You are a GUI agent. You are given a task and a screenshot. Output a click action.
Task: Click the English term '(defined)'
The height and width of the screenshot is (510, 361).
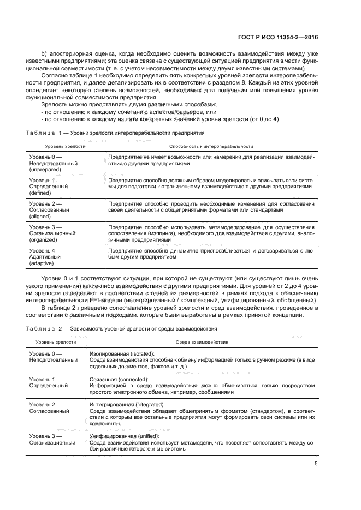[40, 193]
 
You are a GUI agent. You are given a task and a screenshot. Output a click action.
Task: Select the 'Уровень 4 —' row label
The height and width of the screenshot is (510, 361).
[45, 251]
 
